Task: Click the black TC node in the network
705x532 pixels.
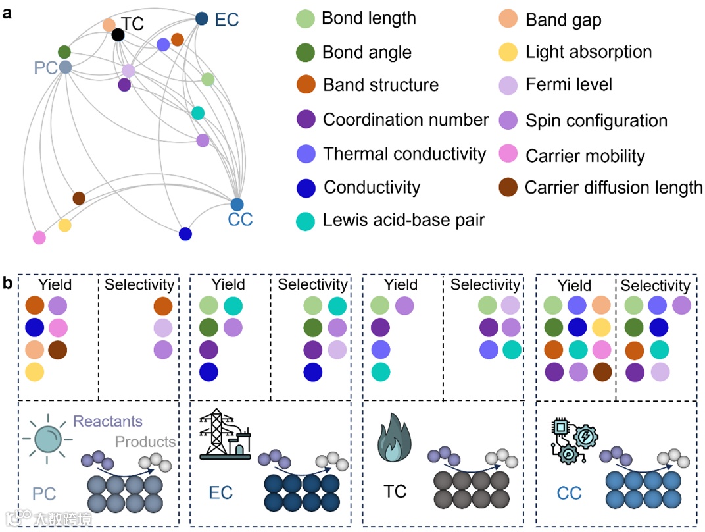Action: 118,34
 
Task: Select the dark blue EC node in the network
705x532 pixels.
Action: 202,19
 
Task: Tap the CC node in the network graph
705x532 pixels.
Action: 237,204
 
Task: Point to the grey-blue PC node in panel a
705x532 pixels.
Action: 64,66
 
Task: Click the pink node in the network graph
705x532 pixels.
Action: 39,237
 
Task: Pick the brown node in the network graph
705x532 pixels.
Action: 79,198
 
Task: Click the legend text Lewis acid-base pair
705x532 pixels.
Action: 404,220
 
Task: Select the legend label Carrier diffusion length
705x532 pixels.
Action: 614,188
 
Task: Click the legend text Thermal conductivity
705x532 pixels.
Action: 404,154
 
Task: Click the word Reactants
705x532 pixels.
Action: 108,421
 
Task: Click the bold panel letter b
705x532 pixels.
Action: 8,284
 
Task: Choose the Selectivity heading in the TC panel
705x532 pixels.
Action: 485,284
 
